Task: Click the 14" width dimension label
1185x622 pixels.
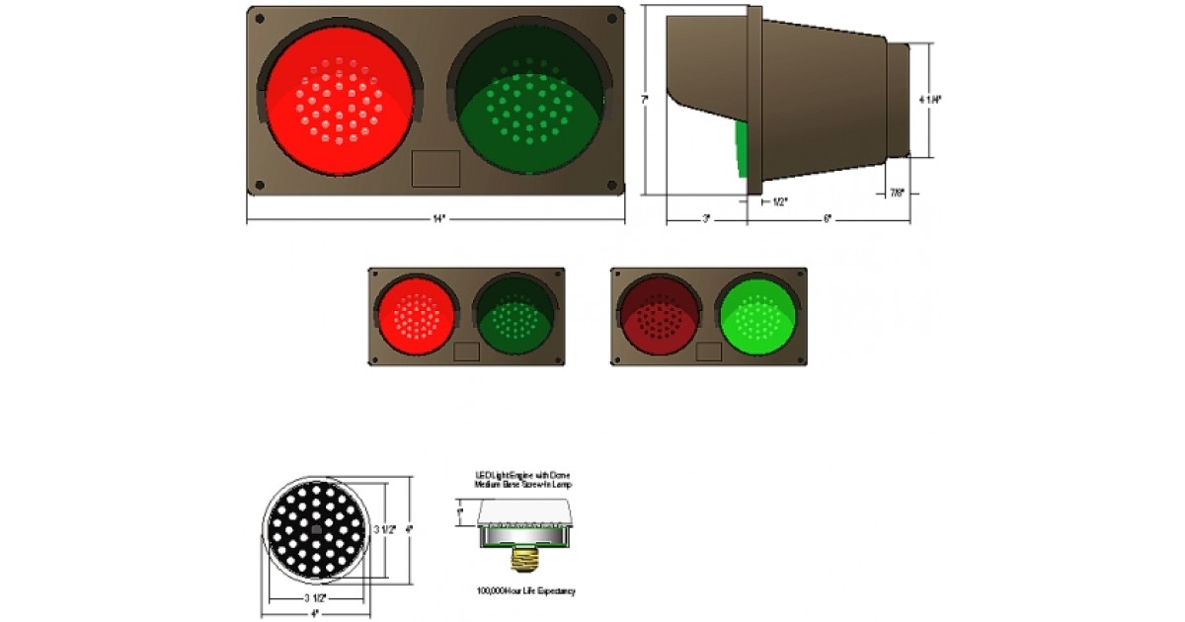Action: click(x=434, y=218)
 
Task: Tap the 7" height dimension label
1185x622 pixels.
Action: click(x=644, y=99)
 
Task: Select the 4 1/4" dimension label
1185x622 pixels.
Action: click(x=929, y=99)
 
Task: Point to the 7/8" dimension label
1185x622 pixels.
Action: click(x=897, y=194)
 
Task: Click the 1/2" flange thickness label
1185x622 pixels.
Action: click(x=778, y=201)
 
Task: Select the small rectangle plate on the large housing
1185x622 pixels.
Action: click(x=435, y=168)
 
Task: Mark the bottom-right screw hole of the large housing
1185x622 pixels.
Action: click(x=611, y=185)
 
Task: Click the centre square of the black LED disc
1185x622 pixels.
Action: click(x=314, y=529)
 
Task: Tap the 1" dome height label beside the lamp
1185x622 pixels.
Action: click(x=461, y=510)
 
